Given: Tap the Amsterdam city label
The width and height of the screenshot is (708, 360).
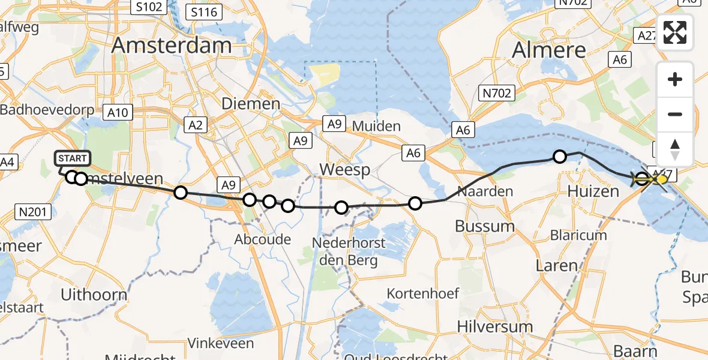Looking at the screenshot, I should pyautogui.click(x=172, y=46).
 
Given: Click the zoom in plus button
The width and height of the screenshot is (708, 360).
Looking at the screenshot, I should pyautogui.click(x=675, y=79).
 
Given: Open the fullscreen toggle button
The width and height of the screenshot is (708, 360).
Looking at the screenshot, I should pyautogui.click(x=675, y=32).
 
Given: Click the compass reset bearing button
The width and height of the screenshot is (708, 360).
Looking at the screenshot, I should pyautogui.click(x=675, y=149).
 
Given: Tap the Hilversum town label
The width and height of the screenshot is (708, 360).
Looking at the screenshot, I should pyautogui.click(x=494, y=327).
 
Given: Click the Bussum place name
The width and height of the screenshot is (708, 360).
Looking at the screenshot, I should pyautogui.click(x=485, y=226).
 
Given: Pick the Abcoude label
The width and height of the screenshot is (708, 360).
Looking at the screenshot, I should pyautogui.click(x=263, y=239).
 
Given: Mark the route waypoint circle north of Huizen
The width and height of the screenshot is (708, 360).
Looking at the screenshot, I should pyautogui.click(x=559, y=157).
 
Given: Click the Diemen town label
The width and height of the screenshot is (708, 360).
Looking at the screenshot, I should pyautogui.click(x=251, y=104).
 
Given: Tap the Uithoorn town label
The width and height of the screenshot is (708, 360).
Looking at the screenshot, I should pyautogui.click(x=95, y=295).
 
